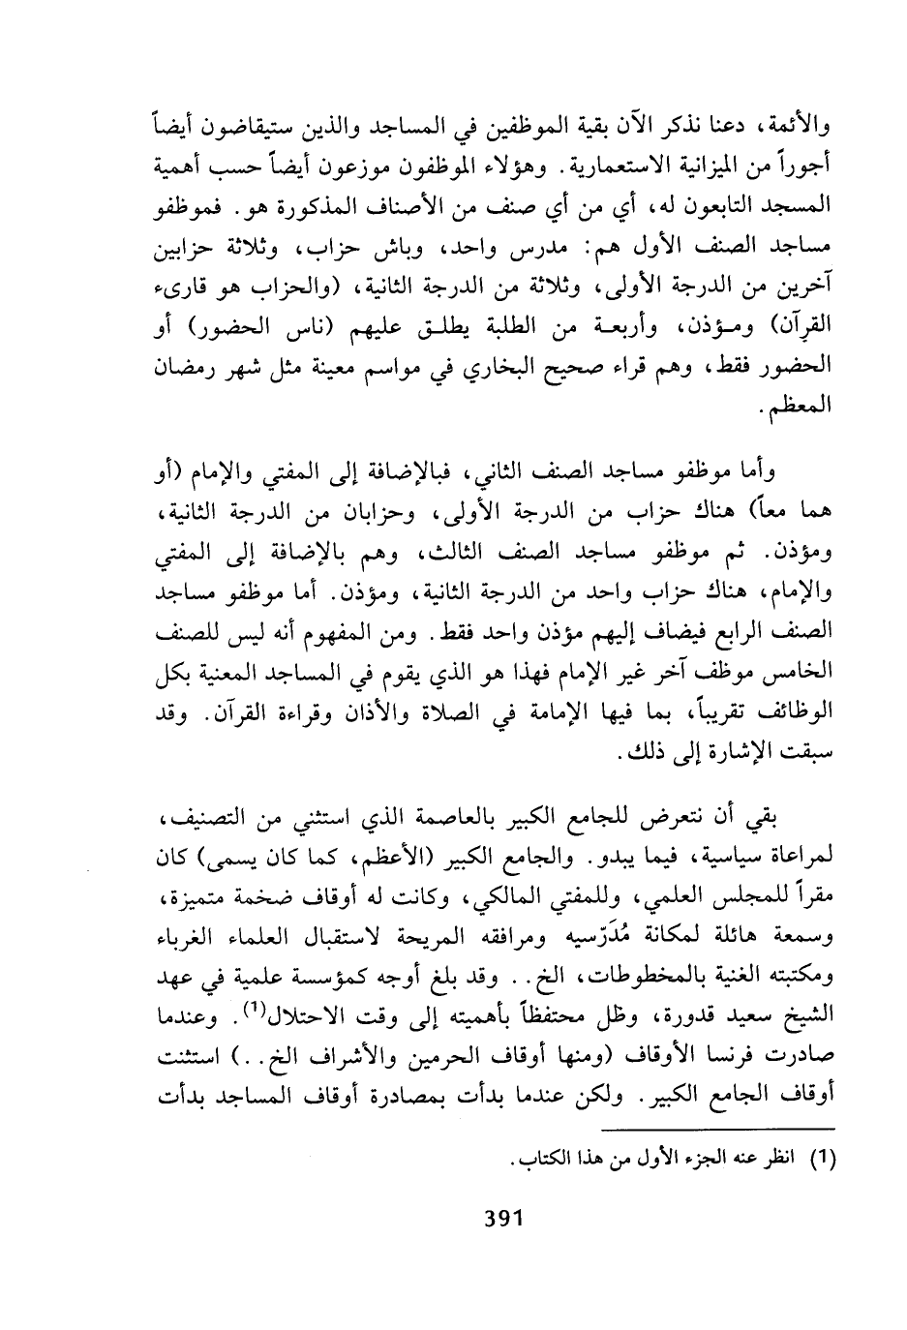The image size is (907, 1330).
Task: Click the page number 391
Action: tap(503, 1215)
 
